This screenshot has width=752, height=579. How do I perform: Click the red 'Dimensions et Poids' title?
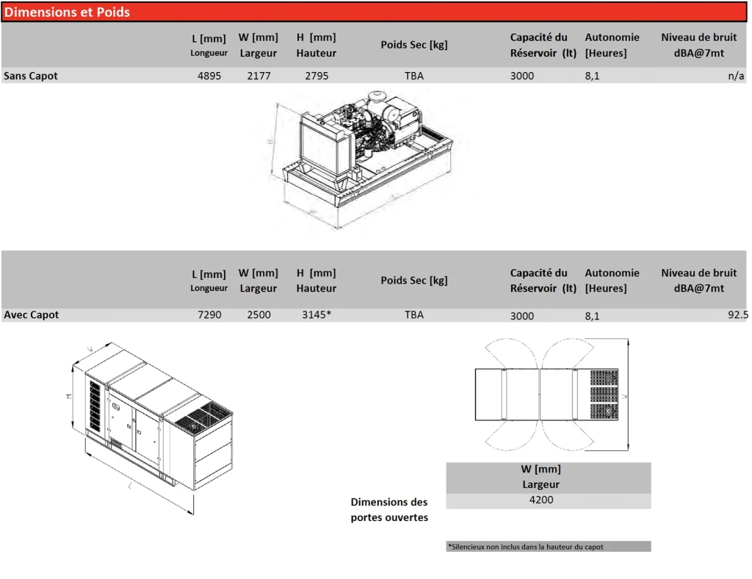click(x=67, y=12)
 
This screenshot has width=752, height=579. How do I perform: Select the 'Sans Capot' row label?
click(x=31, y=76)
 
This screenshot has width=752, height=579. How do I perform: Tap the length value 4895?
click(x=209, y=76)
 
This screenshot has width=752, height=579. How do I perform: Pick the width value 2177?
click(x=258, y=76)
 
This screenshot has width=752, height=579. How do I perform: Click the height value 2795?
click(x=317, y=76)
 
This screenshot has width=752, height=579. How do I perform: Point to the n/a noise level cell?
click(x=736, y=76)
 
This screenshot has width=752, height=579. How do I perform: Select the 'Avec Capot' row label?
click(x=31, y=314)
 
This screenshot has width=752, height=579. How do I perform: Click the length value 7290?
click(x=209, y=314)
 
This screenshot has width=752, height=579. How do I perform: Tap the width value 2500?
click(x=258, y=314)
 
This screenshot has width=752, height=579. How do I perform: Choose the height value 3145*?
click(x=317, y=314)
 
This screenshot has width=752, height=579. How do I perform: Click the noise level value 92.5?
click(x=738, y=314)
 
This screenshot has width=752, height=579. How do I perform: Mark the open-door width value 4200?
click(x=541, y=500)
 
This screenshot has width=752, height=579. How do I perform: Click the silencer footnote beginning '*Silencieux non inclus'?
click(x=526, y=547)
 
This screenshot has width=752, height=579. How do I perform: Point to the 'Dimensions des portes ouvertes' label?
click(x=389, y=509)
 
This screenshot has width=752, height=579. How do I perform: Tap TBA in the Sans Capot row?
click(x=414, y=76)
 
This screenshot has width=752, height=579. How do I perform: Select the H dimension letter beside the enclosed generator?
click(x=68, y=396)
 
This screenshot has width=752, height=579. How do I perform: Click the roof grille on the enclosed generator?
click(x=203, y=417)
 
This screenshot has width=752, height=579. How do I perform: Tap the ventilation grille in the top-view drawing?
click(x=604, y=395)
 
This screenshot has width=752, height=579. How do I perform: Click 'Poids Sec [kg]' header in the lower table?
click(x=414, y=280)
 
